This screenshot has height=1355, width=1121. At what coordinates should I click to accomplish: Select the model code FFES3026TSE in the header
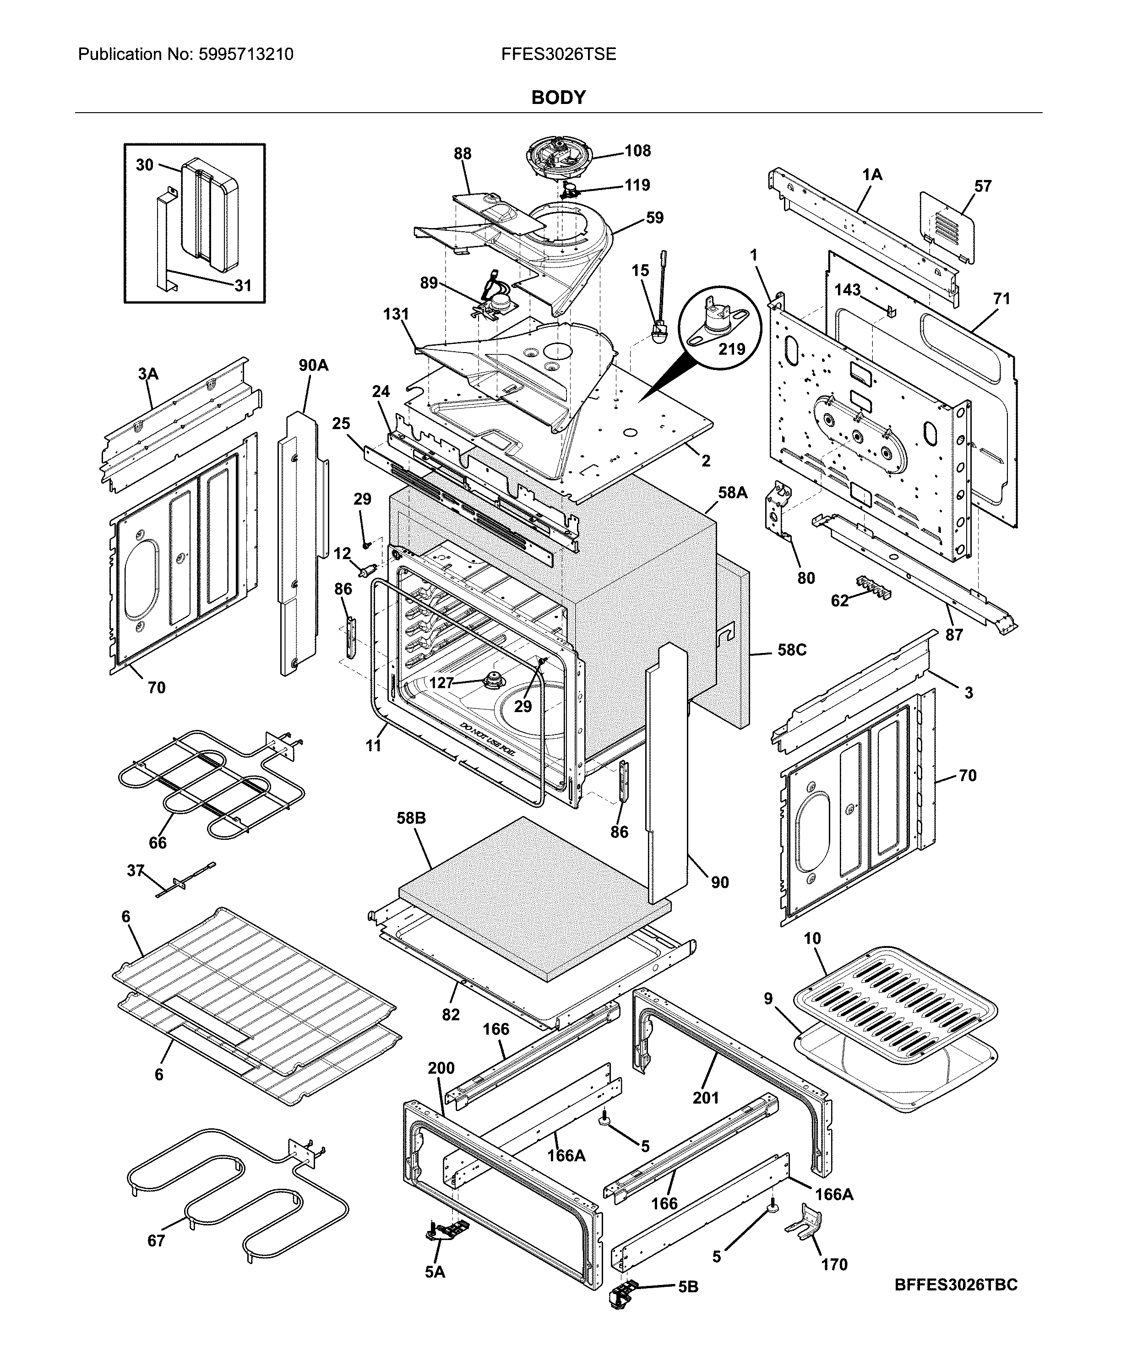click(558, 54)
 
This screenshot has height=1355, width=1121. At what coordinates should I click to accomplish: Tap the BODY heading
click(558, 98)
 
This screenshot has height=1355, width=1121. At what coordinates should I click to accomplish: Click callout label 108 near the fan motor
click(637, 151)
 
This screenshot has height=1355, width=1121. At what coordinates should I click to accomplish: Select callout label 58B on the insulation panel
click(411, 819)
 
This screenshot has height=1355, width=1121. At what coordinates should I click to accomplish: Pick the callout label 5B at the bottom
click(688, 1305)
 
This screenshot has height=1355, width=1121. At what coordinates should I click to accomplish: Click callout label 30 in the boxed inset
click(145, 165)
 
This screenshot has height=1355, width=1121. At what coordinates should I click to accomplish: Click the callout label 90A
click(313, 366)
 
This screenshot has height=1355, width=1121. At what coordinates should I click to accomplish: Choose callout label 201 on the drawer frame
click(705, 1098)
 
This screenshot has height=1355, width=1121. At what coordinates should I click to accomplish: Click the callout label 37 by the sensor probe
click(135, 871)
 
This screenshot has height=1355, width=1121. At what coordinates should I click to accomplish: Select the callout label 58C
click(792, 650)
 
